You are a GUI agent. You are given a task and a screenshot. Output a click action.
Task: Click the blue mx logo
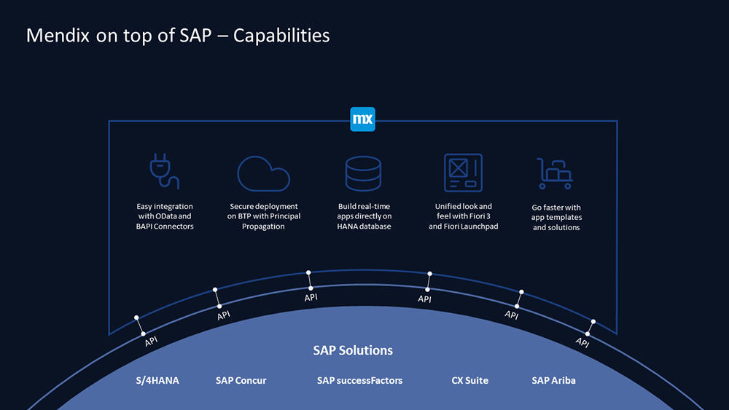(362, 119)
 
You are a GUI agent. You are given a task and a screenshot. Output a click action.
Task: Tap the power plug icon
(164, 171)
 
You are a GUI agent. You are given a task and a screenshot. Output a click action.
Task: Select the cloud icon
(264, 173)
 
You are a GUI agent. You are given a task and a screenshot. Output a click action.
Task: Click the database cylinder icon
(363, 173)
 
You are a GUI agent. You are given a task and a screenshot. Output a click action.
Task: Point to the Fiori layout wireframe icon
(463, 173)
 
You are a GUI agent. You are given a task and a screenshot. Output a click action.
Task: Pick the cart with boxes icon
(555, 173)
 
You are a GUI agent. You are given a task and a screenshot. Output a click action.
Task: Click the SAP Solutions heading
(353, 350)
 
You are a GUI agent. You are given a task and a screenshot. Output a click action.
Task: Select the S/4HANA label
(157, 380)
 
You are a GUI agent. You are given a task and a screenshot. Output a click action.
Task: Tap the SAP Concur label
(241, 380)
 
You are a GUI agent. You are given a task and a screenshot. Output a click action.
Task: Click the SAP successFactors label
(360, 380)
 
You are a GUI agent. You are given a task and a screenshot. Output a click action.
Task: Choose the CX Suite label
(470, 380)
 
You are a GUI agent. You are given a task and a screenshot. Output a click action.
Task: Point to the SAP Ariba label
(554, 380)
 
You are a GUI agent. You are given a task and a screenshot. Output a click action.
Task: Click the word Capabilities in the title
(281, 36)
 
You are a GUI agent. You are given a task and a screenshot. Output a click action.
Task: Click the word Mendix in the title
(58, 35)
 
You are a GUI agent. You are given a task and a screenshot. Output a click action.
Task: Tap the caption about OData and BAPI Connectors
(165, 216)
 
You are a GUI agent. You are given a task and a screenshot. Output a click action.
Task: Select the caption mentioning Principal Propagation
(264, 216)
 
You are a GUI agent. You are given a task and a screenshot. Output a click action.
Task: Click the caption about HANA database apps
(364, 216)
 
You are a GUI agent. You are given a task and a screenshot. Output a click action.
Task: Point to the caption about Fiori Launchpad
(463, 216)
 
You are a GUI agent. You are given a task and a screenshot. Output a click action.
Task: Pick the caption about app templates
(556, 217)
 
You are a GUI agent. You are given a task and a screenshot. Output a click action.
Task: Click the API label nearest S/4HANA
(151, 342)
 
